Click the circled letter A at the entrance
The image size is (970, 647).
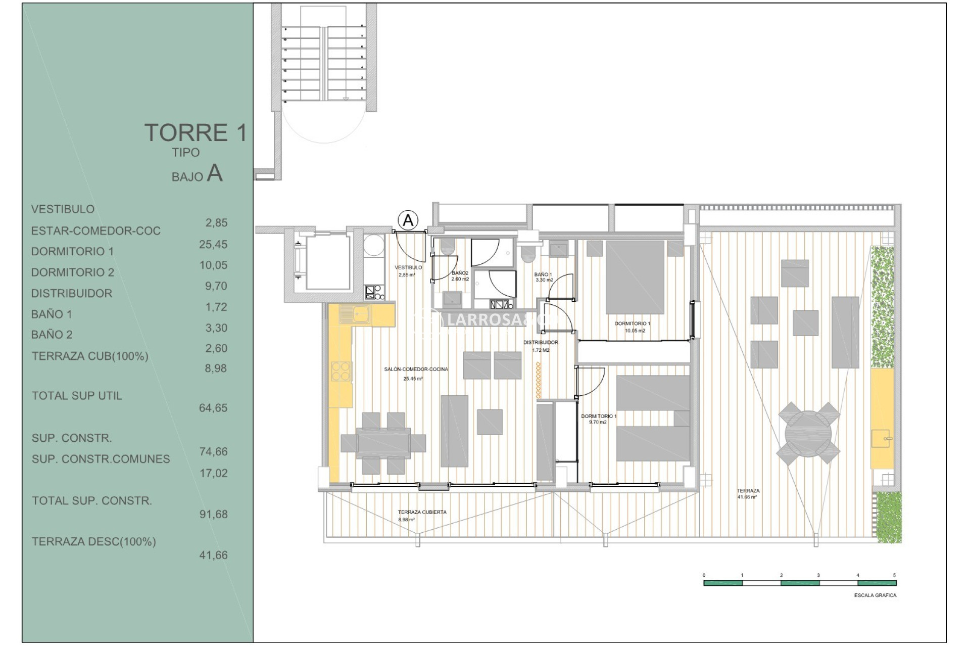point(408,220)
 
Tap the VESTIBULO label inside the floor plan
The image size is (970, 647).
point(408,267)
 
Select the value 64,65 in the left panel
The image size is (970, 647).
point(213,408)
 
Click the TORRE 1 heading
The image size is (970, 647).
point(196,132)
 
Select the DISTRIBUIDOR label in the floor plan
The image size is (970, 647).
point(541,343)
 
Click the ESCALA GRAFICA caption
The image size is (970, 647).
point(875,595)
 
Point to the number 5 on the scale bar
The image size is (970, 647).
point(894,575)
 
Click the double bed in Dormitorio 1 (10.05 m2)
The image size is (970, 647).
point(635,277)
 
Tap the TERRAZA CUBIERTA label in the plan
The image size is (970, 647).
point(422,512)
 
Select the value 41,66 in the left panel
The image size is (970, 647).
point(213,555)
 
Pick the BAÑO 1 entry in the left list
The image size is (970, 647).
point(52,314)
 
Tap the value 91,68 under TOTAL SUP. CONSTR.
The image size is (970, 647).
point(213,514)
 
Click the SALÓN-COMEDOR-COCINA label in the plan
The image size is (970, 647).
point(416,369)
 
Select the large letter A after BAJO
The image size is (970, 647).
point(215,173)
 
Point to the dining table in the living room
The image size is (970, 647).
point(383,443)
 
